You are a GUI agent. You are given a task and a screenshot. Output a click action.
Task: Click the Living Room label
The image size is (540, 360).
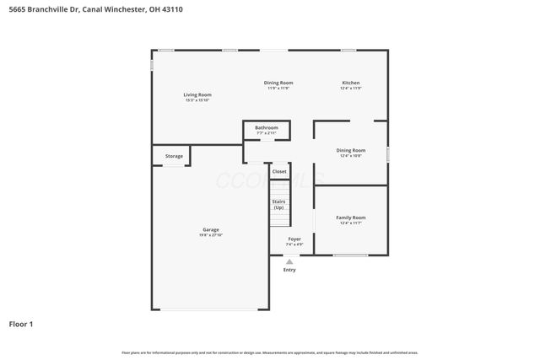pos(197,94)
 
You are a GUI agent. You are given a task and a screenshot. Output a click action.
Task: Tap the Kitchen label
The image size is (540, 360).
pos(350,83)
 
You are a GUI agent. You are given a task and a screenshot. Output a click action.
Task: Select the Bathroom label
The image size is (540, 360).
pos(267,127)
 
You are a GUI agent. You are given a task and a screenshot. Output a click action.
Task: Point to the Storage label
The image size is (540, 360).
pos(174,156)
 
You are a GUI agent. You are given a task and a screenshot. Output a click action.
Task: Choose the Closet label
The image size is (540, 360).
pos(279,171)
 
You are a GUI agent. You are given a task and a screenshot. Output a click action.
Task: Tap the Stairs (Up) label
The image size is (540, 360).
pos(278,204)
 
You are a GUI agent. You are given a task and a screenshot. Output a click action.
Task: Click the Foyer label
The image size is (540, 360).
pos(294,239)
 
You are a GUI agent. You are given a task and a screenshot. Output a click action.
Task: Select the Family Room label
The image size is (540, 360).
pos(350,217)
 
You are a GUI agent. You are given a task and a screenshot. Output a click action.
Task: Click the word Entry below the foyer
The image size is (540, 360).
pos(289,270)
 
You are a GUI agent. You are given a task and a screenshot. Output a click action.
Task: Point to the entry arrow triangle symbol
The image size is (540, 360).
pos(289,261)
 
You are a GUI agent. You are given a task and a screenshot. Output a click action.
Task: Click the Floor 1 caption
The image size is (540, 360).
pos(21,324)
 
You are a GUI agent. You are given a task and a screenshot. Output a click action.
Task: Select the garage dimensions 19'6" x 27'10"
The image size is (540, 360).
pos(210,235)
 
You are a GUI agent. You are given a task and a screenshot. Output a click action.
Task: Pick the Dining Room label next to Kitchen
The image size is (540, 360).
pos(278,83)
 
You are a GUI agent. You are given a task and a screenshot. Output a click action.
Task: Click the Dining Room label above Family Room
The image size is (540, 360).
pos(350,150)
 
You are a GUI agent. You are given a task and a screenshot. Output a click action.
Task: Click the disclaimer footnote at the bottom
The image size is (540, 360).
pos(270,352)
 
